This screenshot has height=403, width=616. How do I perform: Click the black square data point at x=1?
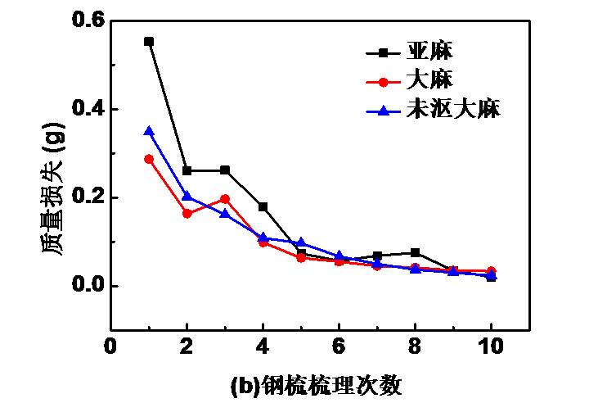coord(149,41)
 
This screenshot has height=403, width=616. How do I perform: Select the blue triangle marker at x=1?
coord(149,131)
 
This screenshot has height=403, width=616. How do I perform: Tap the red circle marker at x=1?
coord(149,159)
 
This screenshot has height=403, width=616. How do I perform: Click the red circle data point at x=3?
coord(225,199)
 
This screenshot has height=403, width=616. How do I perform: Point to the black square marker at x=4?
coord(263,206)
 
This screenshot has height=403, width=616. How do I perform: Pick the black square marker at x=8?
coord(415,252)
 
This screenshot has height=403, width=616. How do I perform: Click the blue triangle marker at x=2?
coord(187,196)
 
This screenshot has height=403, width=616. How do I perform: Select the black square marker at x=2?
coord(187,171)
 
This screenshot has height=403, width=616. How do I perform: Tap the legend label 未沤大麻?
coord(452,109)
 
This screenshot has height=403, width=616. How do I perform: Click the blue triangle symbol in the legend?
coord(383,109)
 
